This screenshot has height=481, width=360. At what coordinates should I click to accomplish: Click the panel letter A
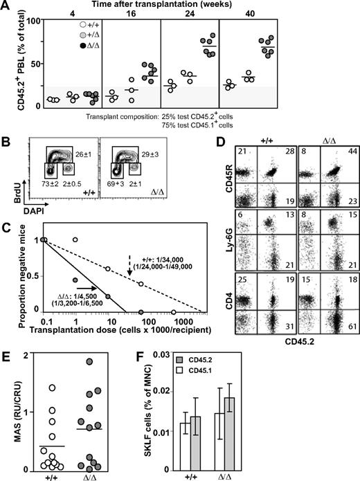coord(6,7)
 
